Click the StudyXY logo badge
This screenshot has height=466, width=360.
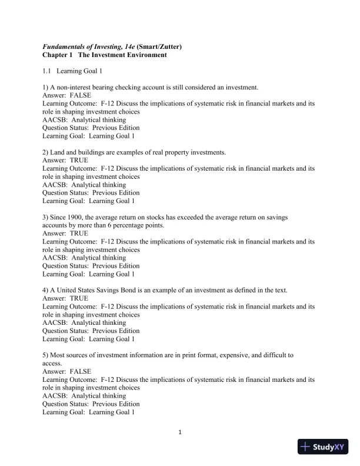(x=324, y=447)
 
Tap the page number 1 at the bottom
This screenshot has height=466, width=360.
(x=180, y=434)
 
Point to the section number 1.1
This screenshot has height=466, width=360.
(x=48, y=71)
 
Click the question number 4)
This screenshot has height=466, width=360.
(x=46, y=290)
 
